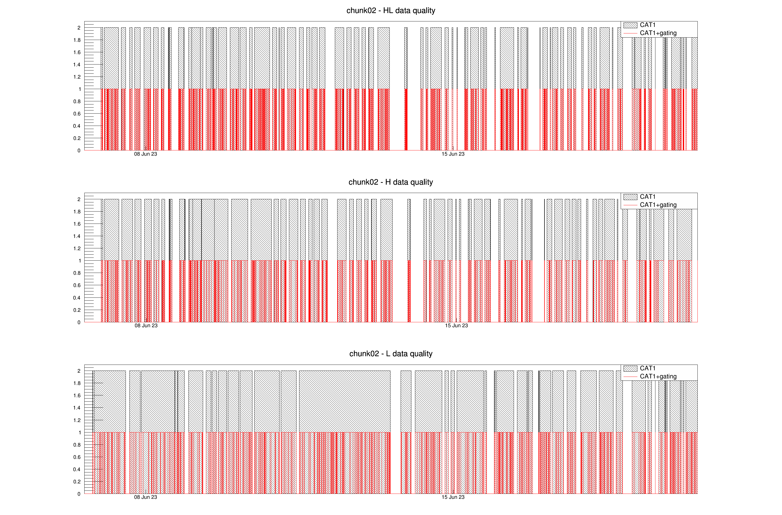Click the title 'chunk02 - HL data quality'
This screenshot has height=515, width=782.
[x=391, y=10]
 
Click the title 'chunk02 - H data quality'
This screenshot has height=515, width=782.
[x=391, y=182]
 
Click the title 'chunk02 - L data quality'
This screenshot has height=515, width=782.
[x=391, y=354]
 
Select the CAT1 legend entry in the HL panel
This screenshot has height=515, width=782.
[x=647, y=25]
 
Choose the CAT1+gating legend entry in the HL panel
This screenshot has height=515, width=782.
[x=658, y=33]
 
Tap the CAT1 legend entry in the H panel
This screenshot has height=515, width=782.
[x=647, y=197]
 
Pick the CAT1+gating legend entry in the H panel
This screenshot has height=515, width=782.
[x=658, y=205]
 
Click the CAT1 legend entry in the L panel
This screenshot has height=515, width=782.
[x=647, y=368]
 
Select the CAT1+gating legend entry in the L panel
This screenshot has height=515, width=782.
[x=658, y=376]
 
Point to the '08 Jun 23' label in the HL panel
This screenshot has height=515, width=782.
[x=146, y=154]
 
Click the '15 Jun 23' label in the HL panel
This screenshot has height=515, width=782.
[x=453, y=154]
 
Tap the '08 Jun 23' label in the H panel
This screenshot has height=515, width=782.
[x=146, y=326]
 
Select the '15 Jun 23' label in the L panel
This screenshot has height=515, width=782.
[x=453, y=497]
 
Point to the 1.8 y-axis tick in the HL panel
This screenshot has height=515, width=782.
[x=77, y=40]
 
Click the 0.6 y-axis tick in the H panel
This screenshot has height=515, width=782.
[x=77, y=285]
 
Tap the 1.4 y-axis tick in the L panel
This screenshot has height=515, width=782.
[x=77, y=408]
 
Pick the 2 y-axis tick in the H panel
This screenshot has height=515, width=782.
[x=79, y=200]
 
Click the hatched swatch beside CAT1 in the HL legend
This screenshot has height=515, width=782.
[x=630, y=25]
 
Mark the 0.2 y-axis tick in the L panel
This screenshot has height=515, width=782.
[x=77, y=482]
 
